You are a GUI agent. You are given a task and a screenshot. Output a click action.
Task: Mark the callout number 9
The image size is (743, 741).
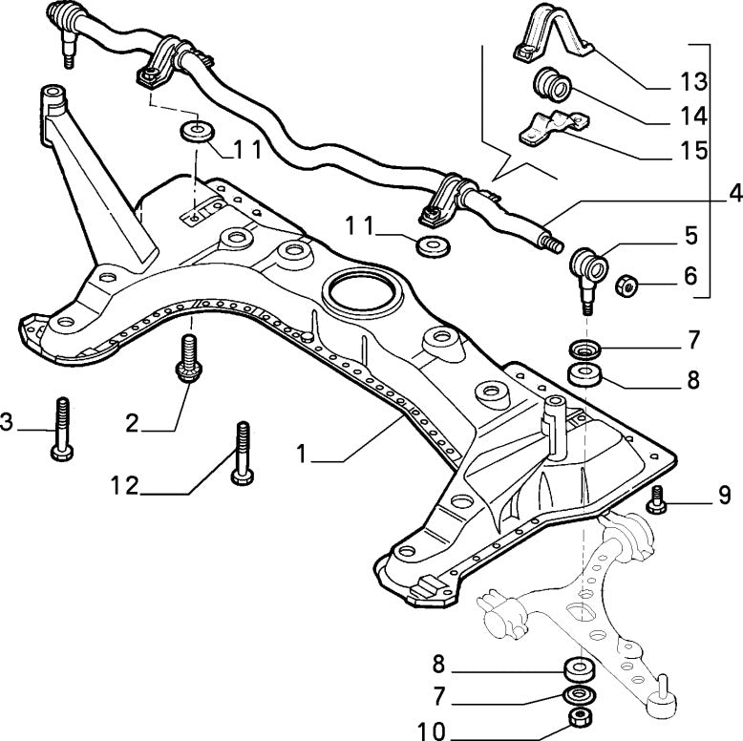pos(724,495)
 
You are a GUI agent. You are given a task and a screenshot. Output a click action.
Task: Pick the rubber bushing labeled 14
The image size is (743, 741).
pos(553,86)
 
